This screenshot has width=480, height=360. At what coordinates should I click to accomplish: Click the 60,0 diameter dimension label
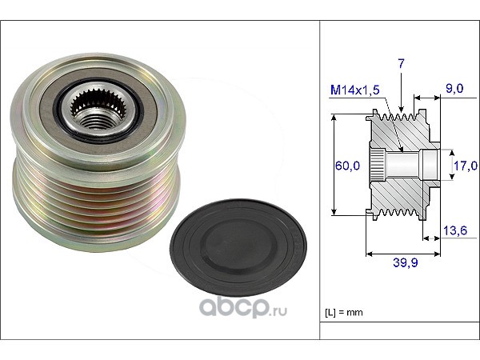tap(347, 166)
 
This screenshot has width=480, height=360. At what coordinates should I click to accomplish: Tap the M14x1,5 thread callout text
tap(355, 90)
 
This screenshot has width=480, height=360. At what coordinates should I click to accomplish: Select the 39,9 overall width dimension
tap(406, 262)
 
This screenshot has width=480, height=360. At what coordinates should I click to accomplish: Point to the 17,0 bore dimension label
tap(466, 166)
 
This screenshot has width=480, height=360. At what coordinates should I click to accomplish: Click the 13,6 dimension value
tap(455, 230)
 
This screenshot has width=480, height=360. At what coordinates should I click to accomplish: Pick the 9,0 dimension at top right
tap(454, 89)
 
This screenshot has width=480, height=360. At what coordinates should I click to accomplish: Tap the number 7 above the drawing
tap(401, 63)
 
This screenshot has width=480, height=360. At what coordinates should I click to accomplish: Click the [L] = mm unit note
tap(344, 313)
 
